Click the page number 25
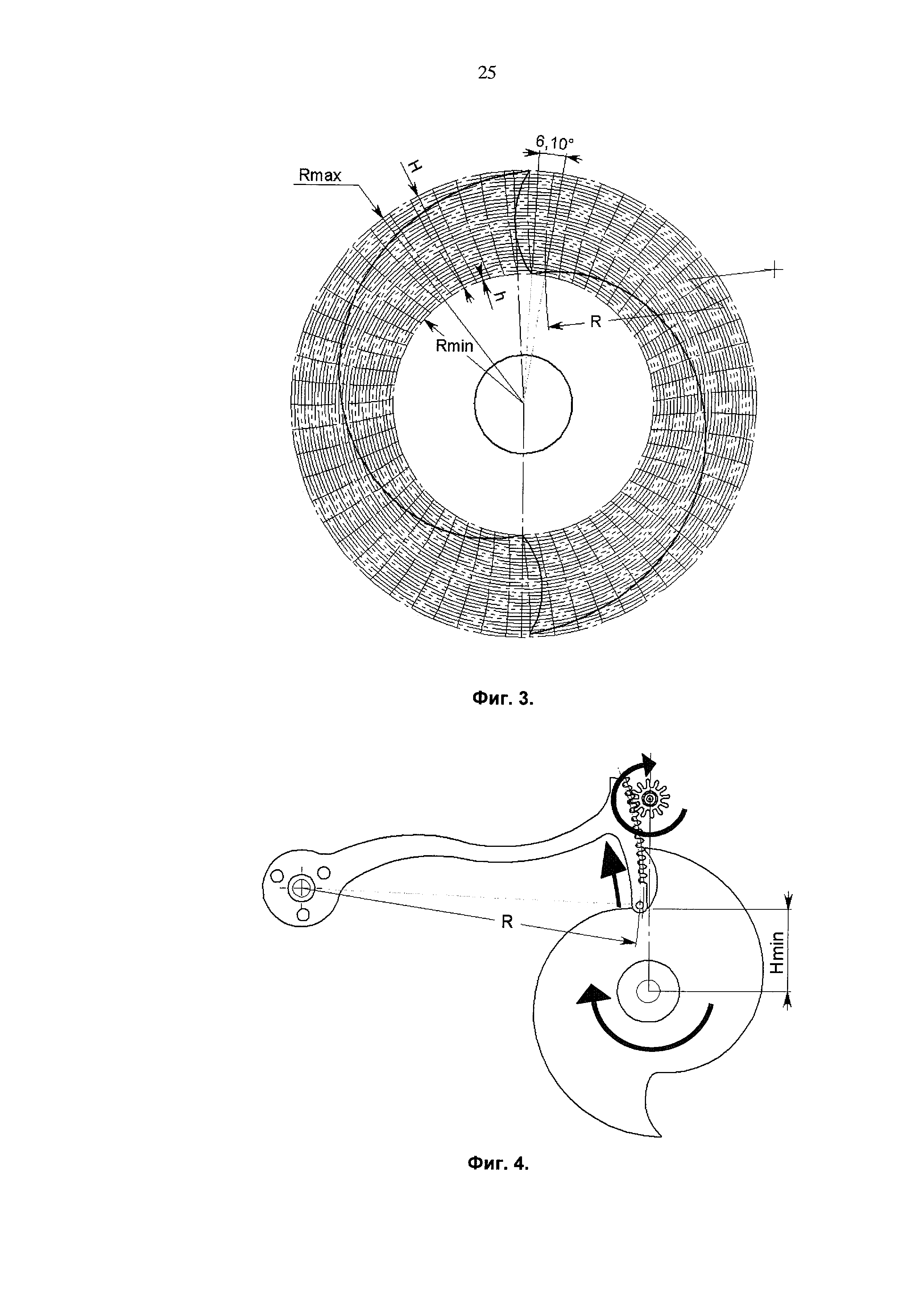[487, 73]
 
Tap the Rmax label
[320, 176]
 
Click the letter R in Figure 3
[595, 321]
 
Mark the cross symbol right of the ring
[775, 269]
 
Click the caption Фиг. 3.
[503, 699]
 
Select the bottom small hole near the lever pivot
[304, 914]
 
